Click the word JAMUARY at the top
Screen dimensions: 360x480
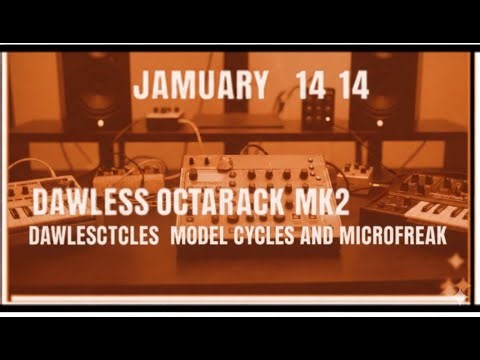point(200,86)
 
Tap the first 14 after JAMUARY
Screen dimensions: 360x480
point(311,86)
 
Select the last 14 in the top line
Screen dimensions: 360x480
point(353,86)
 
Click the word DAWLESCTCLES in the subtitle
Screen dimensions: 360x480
point(97,241)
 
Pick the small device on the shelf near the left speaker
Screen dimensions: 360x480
point(162,120)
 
